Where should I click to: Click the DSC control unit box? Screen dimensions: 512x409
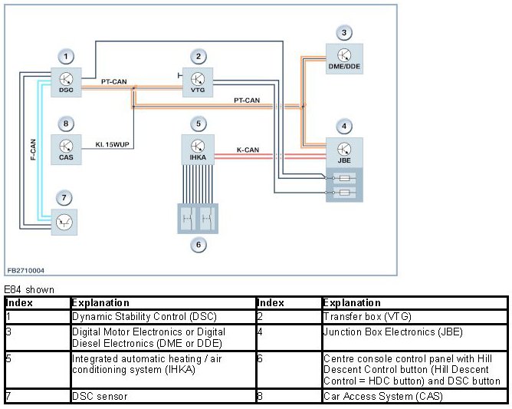click(x=66, y=82)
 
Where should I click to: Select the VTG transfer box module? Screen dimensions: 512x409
click(x=198, y=82)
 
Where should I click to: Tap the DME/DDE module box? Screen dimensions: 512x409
click(x=344, y=59)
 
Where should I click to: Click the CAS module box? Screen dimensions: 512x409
click(x=66, y=150)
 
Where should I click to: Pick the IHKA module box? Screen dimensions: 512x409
click(x=198, y=150)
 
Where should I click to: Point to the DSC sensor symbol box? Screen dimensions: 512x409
click(x=64, y=222)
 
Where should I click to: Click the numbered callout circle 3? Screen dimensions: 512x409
click(x=344, y=33)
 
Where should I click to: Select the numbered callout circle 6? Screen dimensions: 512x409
click(x=199, y=245)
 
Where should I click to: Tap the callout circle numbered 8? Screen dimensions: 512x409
click(x=66, y=124)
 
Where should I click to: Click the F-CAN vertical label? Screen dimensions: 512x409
click(x=33, y=150)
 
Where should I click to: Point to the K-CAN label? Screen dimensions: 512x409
click(x=248, y=150)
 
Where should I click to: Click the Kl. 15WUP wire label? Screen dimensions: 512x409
click(x=112, y=144)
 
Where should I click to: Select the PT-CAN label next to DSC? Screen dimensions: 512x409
click(x=113, y=81)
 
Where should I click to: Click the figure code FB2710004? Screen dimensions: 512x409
click(x=26, y=270)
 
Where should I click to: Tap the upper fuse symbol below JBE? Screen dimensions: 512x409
click(x=344, y=178)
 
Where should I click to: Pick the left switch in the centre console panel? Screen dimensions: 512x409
click(x=187, y=218)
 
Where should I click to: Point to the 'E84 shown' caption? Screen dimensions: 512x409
click(x=29, y=289)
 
